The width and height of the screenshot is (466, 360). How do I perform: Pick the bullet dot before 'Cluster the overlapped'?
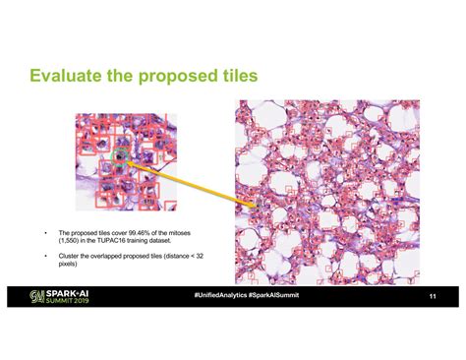tap(44, 254)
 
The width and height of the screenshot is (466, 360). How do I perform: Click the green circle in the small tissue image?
tap(121, 154)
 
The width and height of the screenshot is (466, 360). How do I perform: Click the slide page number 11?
tap(432, 296)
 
